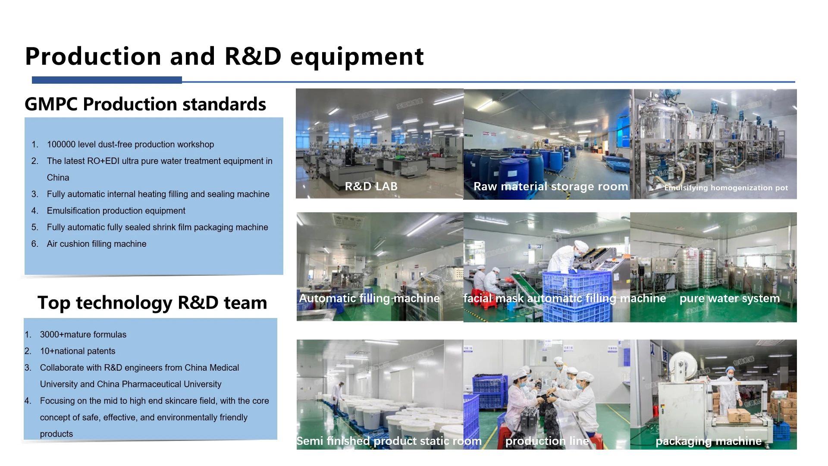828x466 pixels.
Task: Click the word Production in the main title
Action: tap(93, 57)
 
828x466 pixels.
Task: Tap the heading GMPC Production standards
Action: tap(145, 104)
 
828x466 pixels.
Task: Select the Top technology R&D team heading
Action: tap(152, 302)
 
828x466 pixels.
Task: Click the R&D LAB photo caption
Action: tap(371, 186)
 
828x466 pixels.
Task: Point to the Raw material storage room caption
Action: tap(551, 186)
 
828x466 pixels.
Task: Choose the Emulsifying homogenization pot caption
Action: tap(726, 188)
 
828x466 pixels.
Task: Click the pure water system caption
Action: tap(730, 298)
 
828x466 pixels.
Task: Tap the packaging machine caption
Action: tap(709, 441)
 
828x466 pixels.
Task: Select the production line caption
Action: tap(547, 441)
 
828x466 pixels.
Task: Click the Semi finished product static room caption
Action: tap(389, 441)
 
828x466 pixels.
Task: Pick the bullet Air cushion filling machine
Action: tap(97, 244)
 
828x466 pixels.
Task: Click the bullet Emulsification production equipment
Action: tap(116, 211)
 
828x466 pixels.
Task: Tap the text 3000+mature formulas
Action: tap(83, 334)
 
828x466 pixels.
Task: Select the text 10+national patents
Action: tap(78, 351)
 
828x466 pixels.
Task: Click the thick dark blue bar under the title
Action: tap(107, 80)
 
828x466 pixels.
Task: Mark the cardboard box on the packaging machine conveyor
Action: tap(739, 415)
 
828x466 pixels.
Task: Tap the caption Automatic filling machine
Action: tap(369, 298)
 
